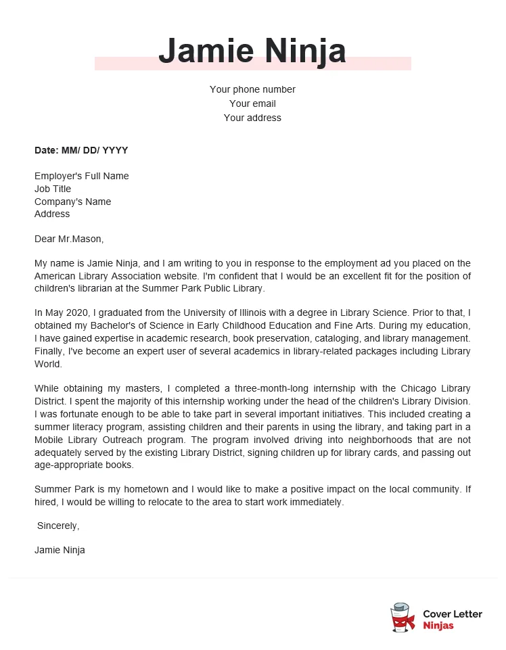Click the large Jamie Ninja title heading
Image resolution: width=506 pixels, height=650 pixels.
coord(252,51)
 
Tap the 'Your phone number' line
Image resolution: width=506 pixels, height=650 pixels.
coord(252,89)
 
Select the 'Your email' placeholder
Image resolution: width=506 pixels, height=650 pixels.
coord(252,103)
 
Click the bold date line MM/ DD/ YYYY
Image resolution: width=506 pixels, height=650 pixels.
coord(81,150)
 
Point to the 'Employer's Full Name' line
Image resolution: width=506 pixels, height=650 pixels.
coord(81,176)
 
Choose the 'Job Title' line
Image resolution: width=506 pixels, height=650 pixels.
coord(53,189)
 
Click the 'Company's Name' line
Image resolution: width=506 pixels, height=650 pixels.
coord(72,202)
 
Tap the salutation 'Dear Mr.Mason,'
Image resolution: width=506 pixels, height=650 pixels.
coord(69,239)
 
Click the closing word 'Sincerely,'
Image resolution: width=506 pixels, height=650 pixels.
coord(58,526)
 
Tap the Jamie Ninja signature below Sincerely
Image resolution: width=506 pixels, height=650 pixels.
coord(60,550)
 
